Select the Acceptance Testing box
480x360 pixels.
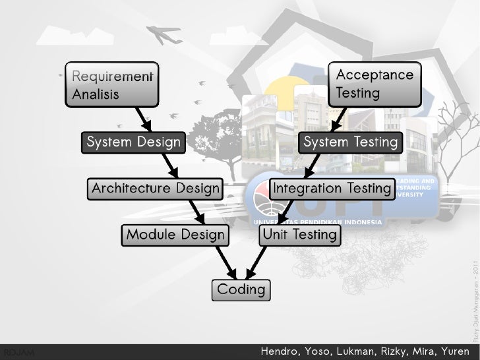(375, 85)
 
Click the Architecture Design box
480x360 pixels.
(155, 189)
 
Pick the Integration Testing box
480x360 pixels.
(332, 189)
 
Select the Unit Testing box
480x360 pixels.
(300, 235)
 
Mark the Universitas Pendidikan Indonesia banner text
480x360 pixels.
(316, 222)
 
